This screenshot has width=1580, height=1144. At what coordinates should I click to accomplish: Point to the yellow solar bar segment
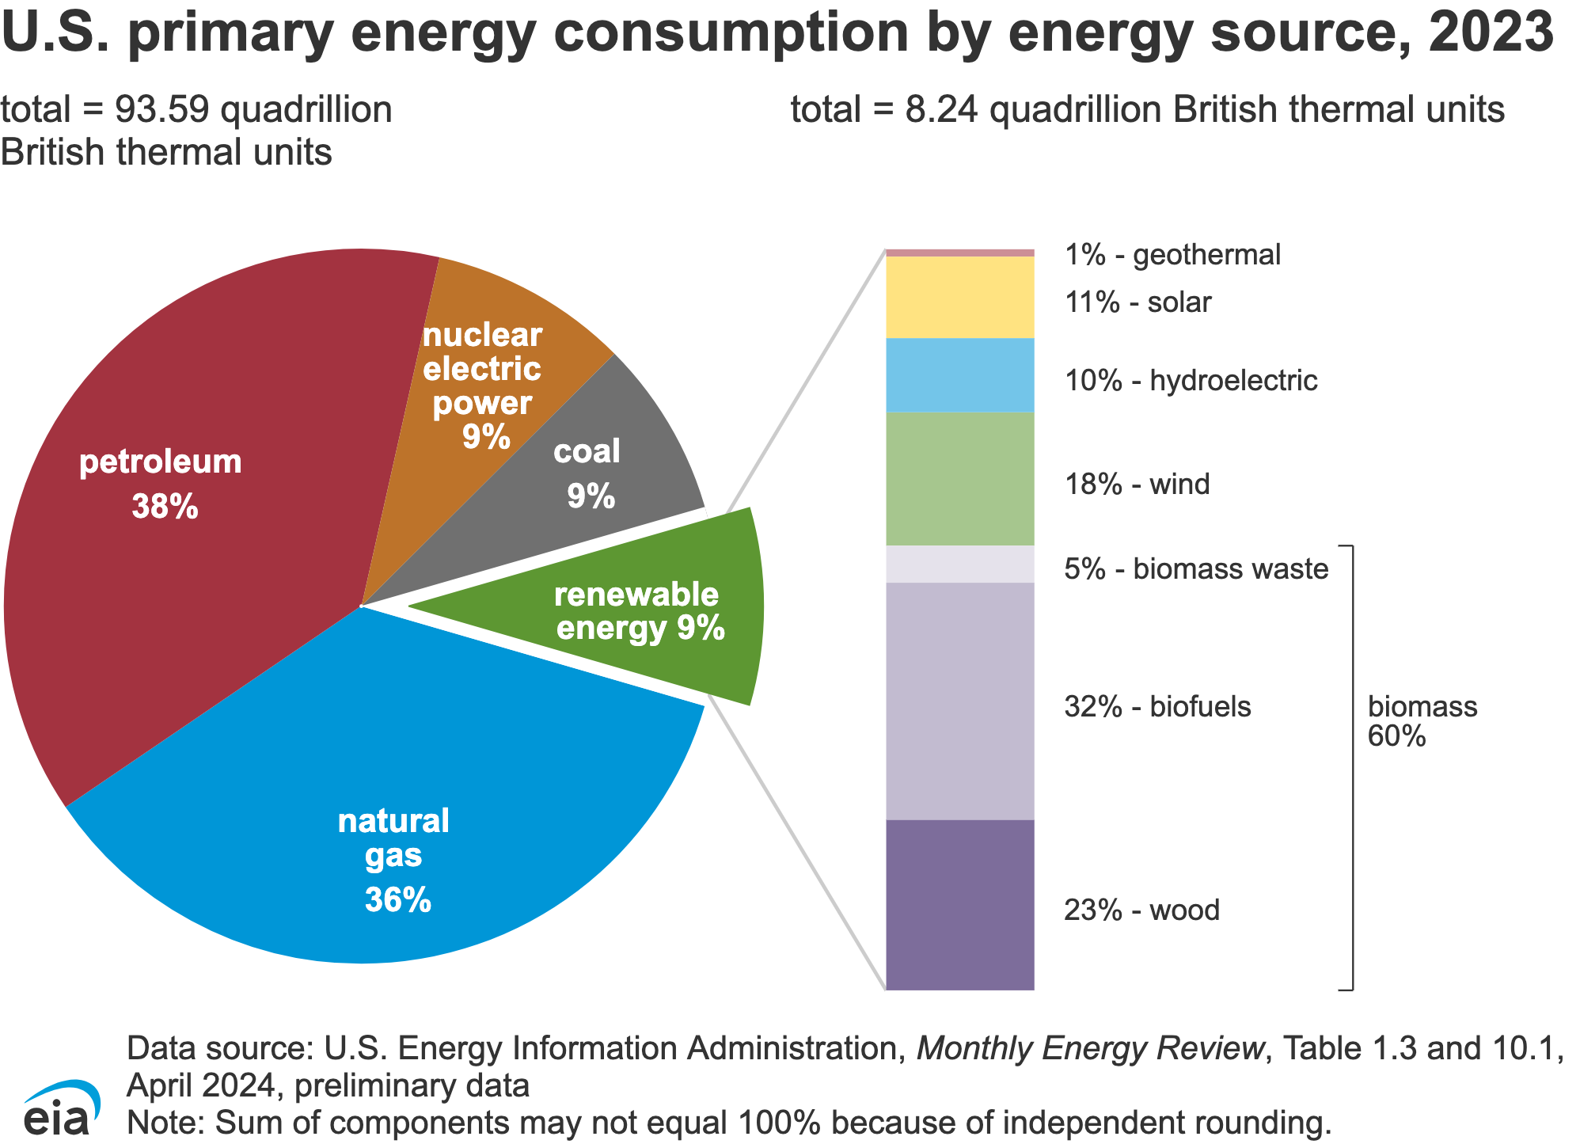959,297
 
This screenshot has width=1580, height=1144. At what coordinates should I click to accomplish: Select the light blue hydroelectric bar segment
959,375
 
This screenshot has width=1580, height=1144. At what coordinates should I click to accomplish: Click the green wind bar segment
959,479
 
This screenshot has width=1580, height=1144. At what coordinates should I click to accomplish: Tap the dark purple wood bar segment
959,905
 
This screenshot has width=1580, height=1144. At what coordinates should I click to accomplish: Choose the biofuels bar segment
959,701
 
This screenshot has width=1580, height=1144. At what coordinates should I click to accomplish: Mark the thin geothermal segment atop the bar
959,253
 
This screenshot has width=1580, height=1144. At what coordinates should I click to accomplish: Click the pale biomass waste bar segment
959,564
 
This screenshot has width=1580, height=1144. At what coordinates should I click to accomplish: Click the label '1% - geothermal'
1172,255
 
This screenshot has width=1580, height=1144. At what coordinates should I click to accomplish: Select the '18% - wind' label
1137,484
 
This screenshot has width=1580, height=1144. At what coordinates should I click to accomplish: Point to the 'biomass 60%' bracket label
1422,721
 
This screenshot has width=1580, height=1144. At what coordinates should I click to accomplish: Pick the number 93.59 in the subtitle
162,109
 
